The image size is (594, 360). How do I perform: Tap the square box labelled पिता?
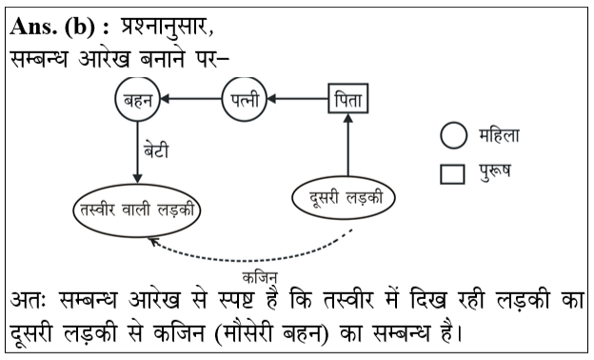coord(347,98)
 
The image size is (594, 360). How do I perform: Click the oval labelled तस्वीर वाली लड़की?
coord(139,208)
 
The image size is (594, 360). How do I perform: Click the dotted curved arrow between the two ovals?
coord(247,253)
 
